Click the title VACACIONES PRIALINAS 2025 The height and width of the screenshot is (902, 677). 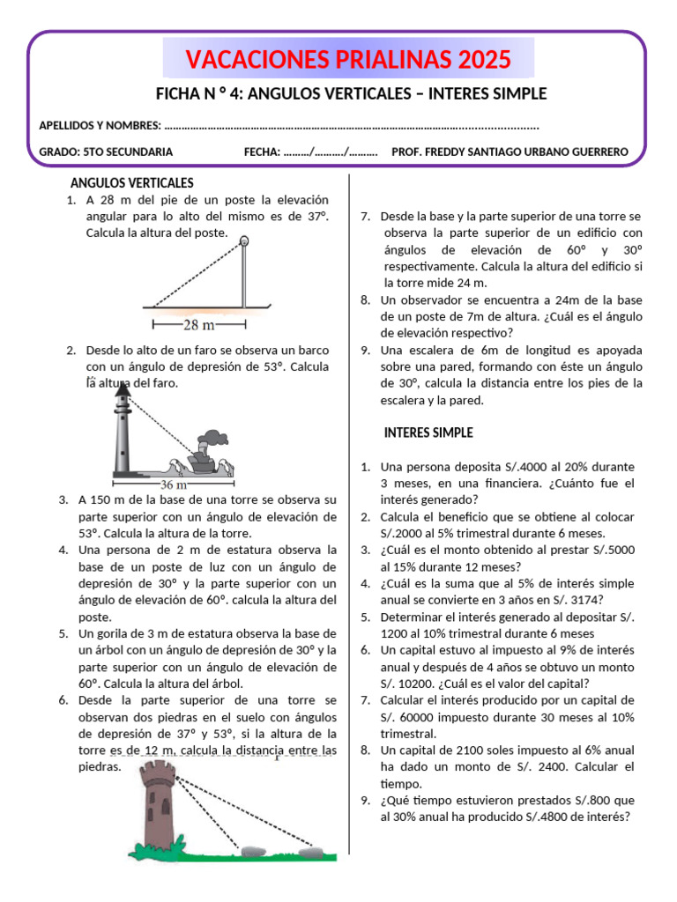[348, 60]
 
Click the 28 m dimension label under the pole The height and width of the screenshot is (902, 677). [204, 325]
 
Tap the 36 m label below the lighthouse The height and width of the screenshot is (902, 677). [173, 484]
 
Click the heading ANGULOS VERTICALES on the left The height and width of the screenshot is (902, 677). [131, 183]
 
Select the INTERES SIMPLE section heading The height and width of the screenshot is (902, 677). [428, 433]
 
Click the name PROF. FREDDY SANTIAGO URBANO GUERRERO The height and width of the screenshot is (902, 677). [510, 152]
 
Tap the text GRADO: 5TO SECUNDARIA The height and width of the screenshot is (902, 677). [106, 152]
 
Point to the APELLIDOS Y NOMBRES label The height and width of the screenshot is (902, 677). [100, 125]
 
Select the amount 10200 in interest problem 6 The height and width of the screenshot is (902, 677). [419, 683]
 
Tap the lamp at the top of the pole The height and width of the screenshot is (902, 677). [244, 240]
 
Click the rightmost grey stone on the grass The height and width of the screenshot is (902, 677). [310, 851]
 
